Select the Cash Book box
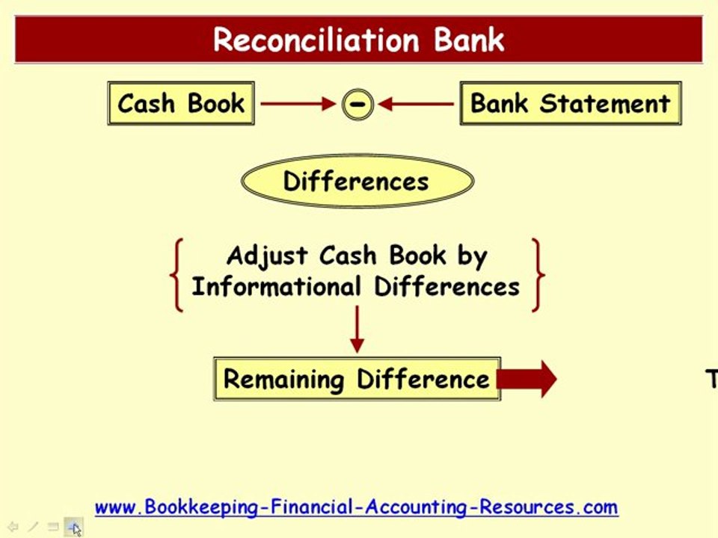coord(181,103)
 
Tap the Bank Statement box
coord(570,103)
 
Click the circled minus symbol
coord(358,104)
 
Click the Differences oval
coord(357,182)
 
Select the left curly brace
coord(177,274)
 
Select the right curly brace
coord(538,274)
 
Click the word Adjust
coord(267,256)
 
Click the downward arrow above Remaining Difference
coord(357,329)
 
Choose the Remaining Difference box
coord(356,379)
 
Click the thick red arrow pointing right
coord(528,379)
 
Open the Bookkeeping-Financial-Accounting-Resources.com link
coord(356,507)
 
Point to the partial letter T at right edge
coord(712,379)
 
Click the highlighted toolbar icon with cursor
coord(73,527)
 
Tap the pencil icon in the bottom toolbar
coord(33,527)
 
